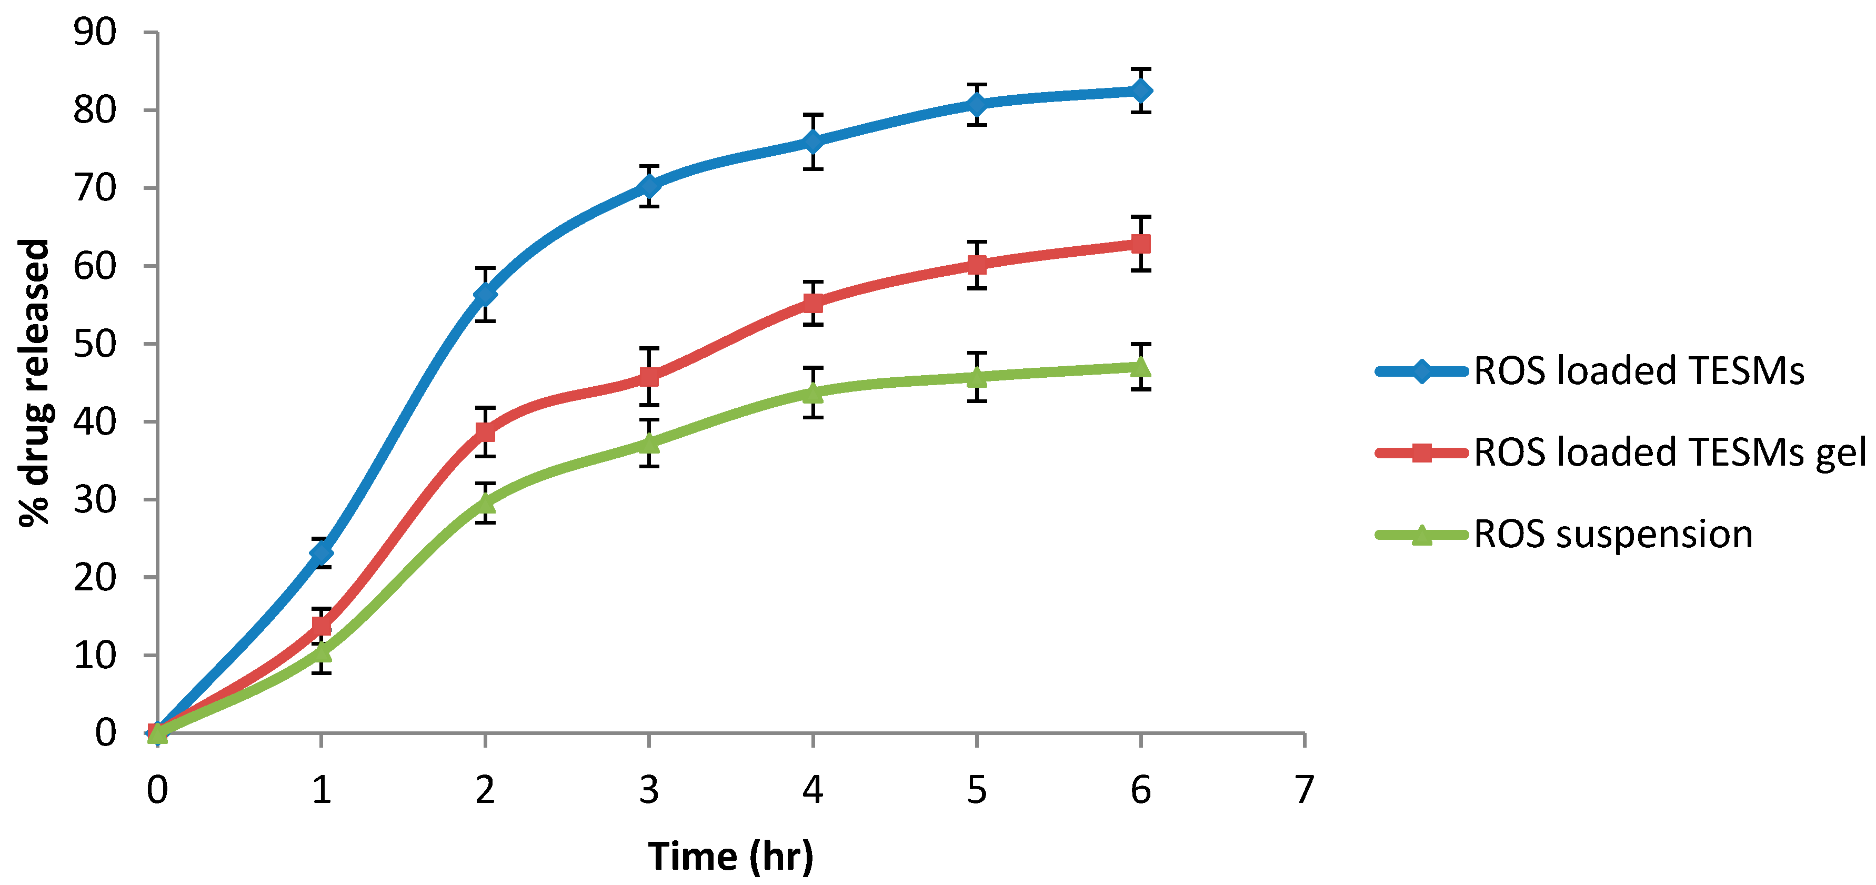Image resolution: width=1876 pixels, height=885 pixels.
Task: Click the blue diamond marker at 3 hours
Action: pos(649,187)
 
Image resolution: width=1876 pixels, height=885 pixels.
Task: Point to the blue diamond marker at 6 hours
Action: pos(1140,91)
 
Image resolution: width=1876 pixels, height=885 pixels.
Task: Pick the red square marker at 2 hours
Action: pos(485,432)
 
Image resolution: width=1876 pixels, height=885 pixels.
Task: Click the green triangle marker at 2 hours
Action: pos(485,502)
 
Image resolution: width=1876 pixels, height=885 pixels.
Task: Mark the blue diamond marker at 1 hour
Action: pos(321,552)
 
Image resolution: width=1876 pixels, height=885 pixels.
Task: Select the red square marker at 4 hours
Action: pos(812,303)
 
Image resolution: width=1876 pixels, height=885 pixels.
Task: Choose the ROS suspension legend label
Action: pos(1612,534)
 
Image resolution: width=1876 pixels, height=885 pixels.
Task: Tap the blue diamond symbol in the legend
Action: pos(1421,371)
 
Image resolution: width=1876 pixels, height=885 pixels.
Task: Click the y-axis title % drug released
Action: pos(34,383)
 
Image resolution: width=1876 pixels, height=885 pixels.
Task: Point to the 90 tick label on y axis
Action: pos(95,33)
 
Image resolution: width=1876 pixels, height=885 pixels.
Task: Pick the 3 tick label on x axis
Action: pos(649,790)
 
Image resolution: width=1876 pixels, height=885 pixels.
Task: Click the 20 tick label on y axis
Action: pos(95,578)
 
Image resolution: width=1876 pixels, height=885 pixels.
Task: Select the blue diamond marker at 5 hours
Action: pos(977,104)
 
